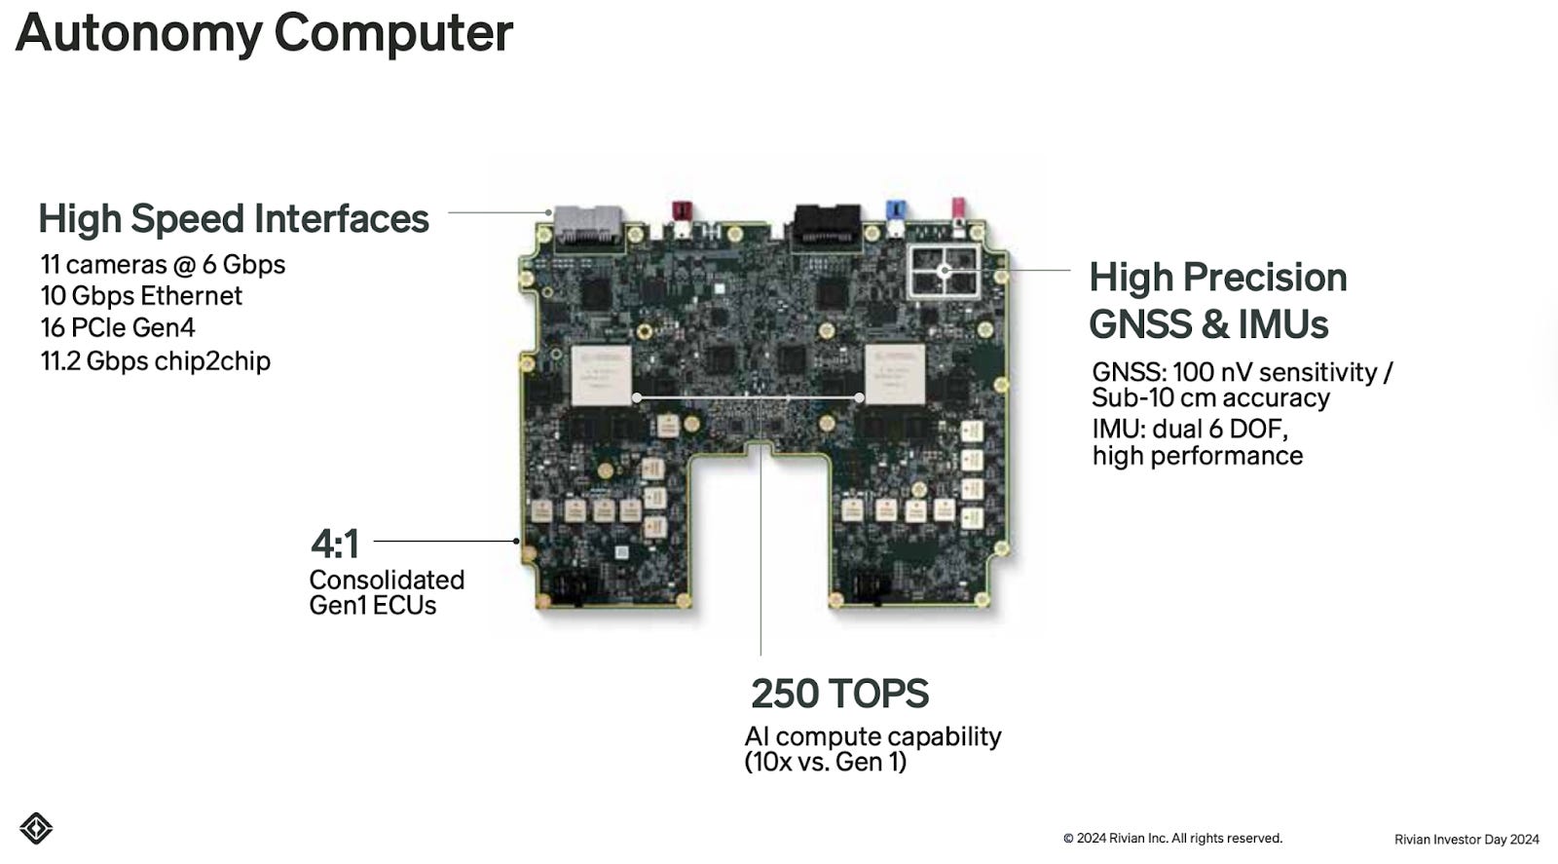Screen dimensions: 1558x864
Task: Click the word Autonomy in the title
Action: click(x=139, y=33)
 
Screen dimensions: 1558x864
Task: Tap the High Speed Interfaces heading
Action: click(x=234, y=218)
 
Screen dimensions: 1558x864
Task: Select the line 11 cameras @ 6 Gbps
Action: click(x=163, y=265)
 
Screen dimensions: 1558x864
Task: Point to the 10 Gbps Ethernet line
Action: click(x=141, y=296)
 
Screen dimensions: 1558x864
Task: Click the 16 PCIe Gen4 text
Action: click(x=118, y=327)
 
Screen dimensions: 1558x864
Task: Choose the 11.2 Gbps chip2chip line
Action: click(x=155, y=361)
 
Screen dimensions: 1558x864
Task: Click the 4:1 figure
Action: click(x=335, y=544)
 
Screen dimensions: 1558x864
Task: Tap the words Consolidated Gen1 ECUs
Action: click(x=387, y=592)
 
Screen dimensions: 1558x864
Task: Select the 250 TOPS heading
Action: click(x=839, y=694)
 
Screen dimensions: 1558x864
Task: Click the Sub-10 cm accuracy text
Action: click(x=1210, y=398)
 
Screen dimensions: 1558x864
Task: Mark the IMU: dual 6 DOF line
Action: click(x=1189, y=430)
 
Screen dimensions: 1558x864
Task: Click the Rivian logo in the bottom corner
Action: click(x=36, y=828)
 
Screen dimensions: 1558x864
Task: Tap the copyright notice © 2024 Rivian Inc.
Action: click(x=1172, y=839)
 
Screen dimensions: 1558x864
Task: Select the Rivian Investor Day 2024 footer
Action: click(x=1466, y=840)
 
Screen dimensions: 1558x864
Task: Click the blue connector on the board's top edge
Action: click(x=896, y=210)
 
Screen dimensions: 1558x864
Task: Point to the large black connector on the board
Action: click(x=827, y=225)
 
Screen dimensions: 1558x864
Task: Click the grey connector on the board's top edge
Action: click(x=588, y=225)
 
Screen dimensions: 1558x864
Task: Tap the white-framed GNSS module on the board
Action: click(x=945, y=271)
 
